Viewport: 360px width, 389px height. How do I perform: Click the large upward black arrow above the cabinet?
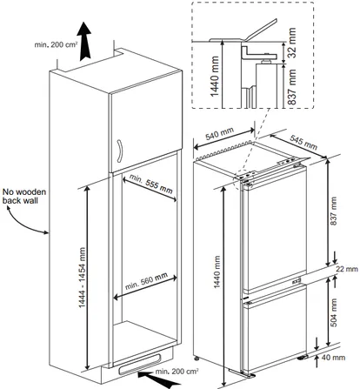click(x=85, y=42)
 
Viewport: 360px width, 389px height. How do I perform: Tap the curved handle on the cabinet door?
click(x=119, y=151)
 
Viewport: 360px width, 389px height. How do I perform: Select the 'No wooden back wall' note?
click(x=24, y=196)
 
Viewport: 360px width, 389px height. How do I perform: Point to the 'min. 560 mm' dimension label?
click(x=146, y=281)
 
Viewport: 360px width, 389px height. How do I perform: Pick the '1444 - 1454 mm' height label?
click(x=83, y=278)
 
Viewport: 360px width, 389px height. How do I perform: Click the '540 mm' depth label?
click(x=220, y=134)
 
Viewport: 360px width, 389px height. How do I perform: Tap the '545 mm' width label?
click(x=303, y=142)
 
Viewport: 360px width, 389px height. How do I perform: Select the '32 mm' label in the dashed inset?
click(x=291, y=43)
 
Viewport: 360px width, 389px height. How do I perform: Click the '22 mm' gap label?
click(x=347, y=269)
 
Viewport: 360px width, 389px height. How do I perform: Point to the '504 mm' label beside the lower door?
click(x=334, y=312)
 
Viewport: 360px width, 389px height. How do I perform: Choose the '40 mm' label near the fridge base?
click(x=333, y=358)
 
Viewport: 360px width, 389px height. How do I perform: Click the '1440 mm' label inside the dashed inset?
click(x=215, y=77)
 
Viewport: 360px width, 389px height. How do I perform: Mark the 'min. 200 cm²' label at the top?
click(x=56, y=44)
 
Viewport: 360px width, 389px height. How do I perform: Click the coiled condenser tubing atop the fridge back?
click(x=223, y=150)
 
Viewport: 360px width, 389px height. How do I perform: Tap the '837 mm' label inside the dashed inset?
click(x=291, y=86)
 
